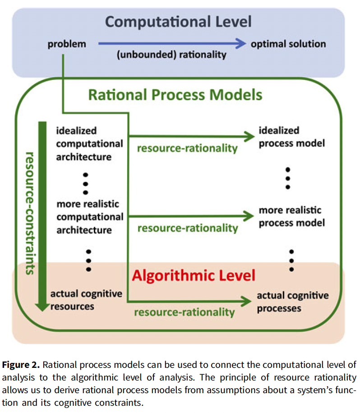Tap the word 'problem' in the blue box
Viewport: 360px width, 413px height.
67,44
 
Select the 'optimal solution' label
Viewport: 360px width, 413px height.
288,44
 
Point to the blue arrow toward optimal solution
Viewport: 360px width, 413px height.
171,44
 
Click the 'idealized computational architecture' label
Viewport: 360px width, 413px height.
89,144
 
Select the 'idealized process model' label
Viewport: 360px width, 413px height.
292,137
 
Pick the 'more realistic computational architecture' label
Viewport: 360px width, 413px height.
89,217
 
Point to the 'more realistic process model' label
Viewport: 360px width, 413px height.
292,217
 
